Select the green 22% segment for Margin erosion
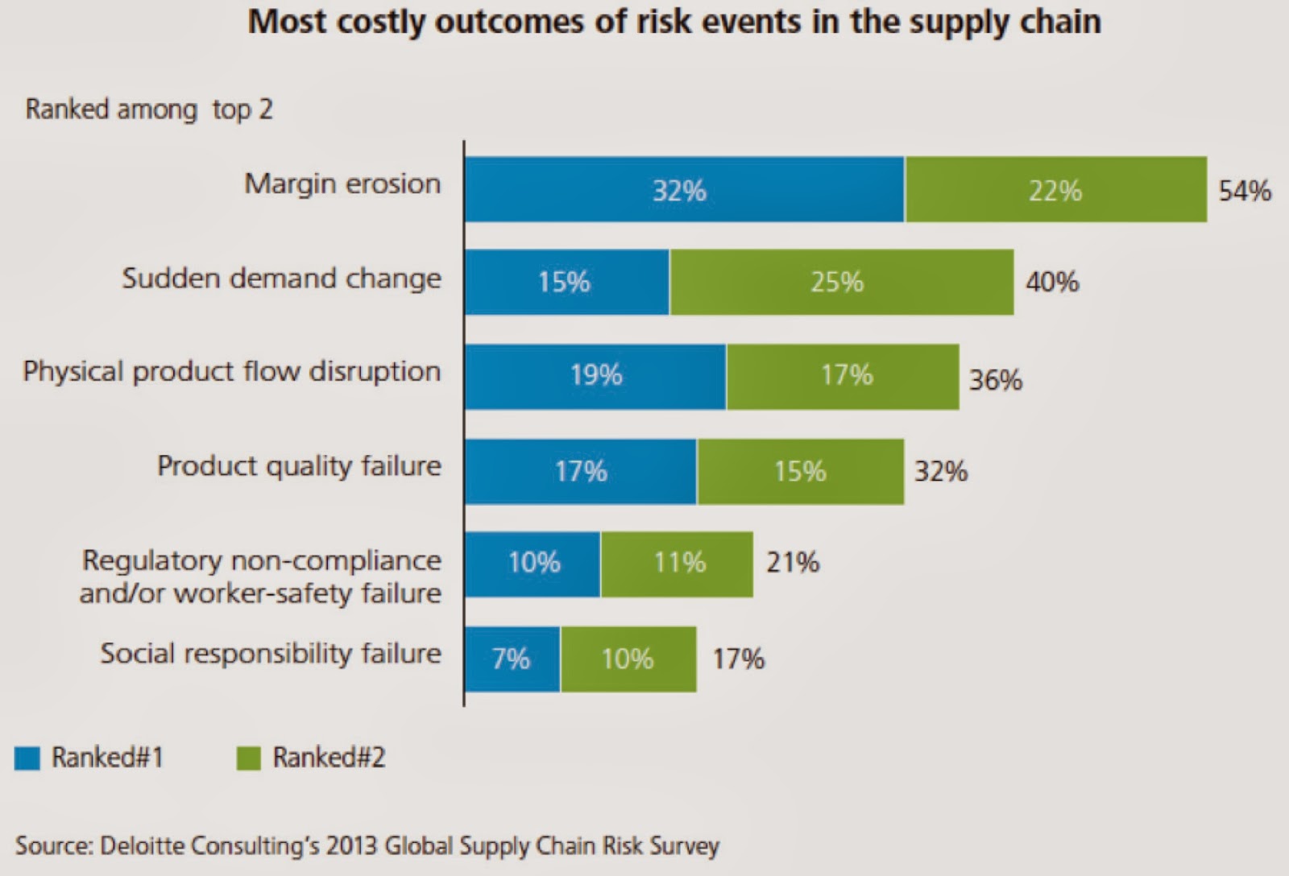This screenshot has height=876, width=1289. pyautogui.click(x=1055, y=190)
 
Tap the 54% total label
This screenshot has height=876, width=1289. pyautogui.click(x=1244, y=191)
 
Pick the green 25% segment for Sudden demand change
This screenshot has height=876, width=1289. pyautogui.click(x=841, y=282)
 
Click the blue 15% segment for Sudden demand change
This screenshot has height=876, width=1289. pyautogui.click(x=566, y=282)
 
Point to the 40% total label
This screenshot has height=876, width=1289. pyautogui.click(x=1051, y=282)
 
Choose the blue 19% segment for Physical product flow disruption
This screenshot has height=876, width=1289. pyautogui.click(x=595, y=376)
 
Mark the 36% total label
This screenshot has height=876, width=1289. pyautogui.click(x=995, y=379)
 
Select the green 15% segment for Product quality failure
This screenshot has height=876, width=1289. pyautogui.click(x=800, y=471)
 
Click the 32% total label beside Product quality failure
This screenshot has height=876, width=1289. pyautogui.click(x=940, y=471)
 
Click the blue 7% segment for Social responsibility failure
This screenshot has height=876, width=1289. pyautogui.click(x=512, y=659)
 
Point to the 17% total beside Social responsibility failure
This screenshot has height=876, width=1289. pyautogui.click(x=738, y=659)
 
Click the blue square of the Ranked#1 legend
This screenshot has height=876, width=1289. pyautogui.click(x=27, y=758)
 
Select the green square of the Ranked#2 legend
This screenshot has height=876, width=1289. pyautogui.click(x=248, y=758)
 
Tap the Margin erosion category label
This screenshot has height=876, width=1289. pyautogui.click(x=342, y=184)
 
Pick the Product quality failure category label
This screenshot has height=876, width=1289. pyautogui.click(x=299, y=465)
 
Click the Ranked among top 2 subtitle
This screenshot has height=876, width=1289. pyautogui.click(x=149, y=109)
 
